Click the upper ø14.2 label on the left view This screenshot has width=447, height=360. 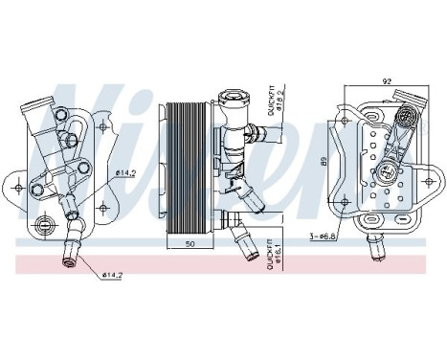(125, 173)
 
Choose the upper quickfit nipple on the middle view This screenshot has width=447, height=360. (255, 132)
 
